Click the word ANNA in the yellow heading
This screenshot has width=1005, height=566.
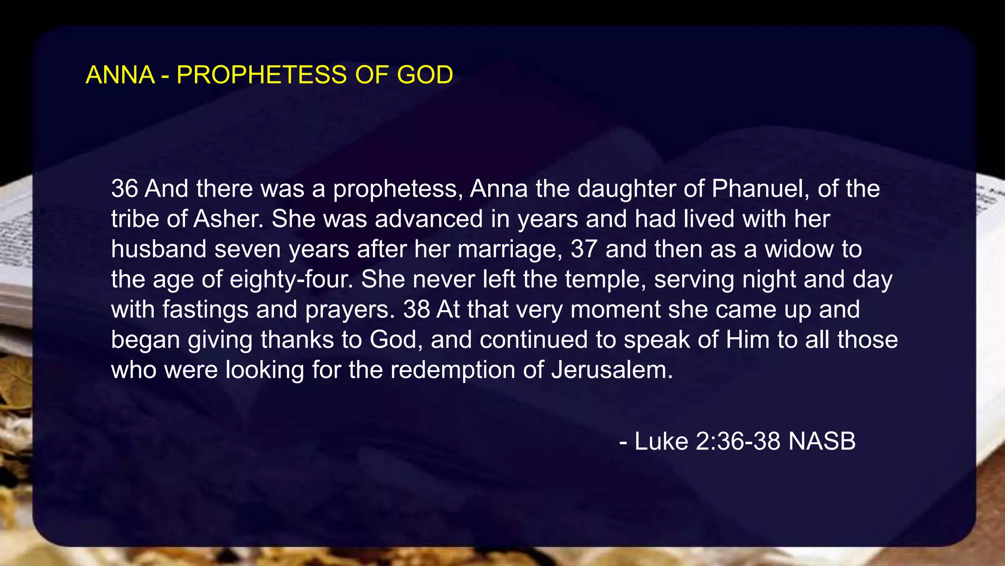click(120, 75)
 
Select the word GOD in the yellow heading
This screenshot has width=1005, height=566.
click(425, 75)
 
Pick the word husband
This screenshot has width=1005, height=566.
click(159, 249)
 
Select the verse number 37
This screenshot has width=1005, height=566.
click(584, 249)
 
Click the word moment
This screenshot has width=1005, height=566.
click(615, 310)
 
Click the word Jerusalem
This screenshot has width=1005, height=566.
click(612, 370)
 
